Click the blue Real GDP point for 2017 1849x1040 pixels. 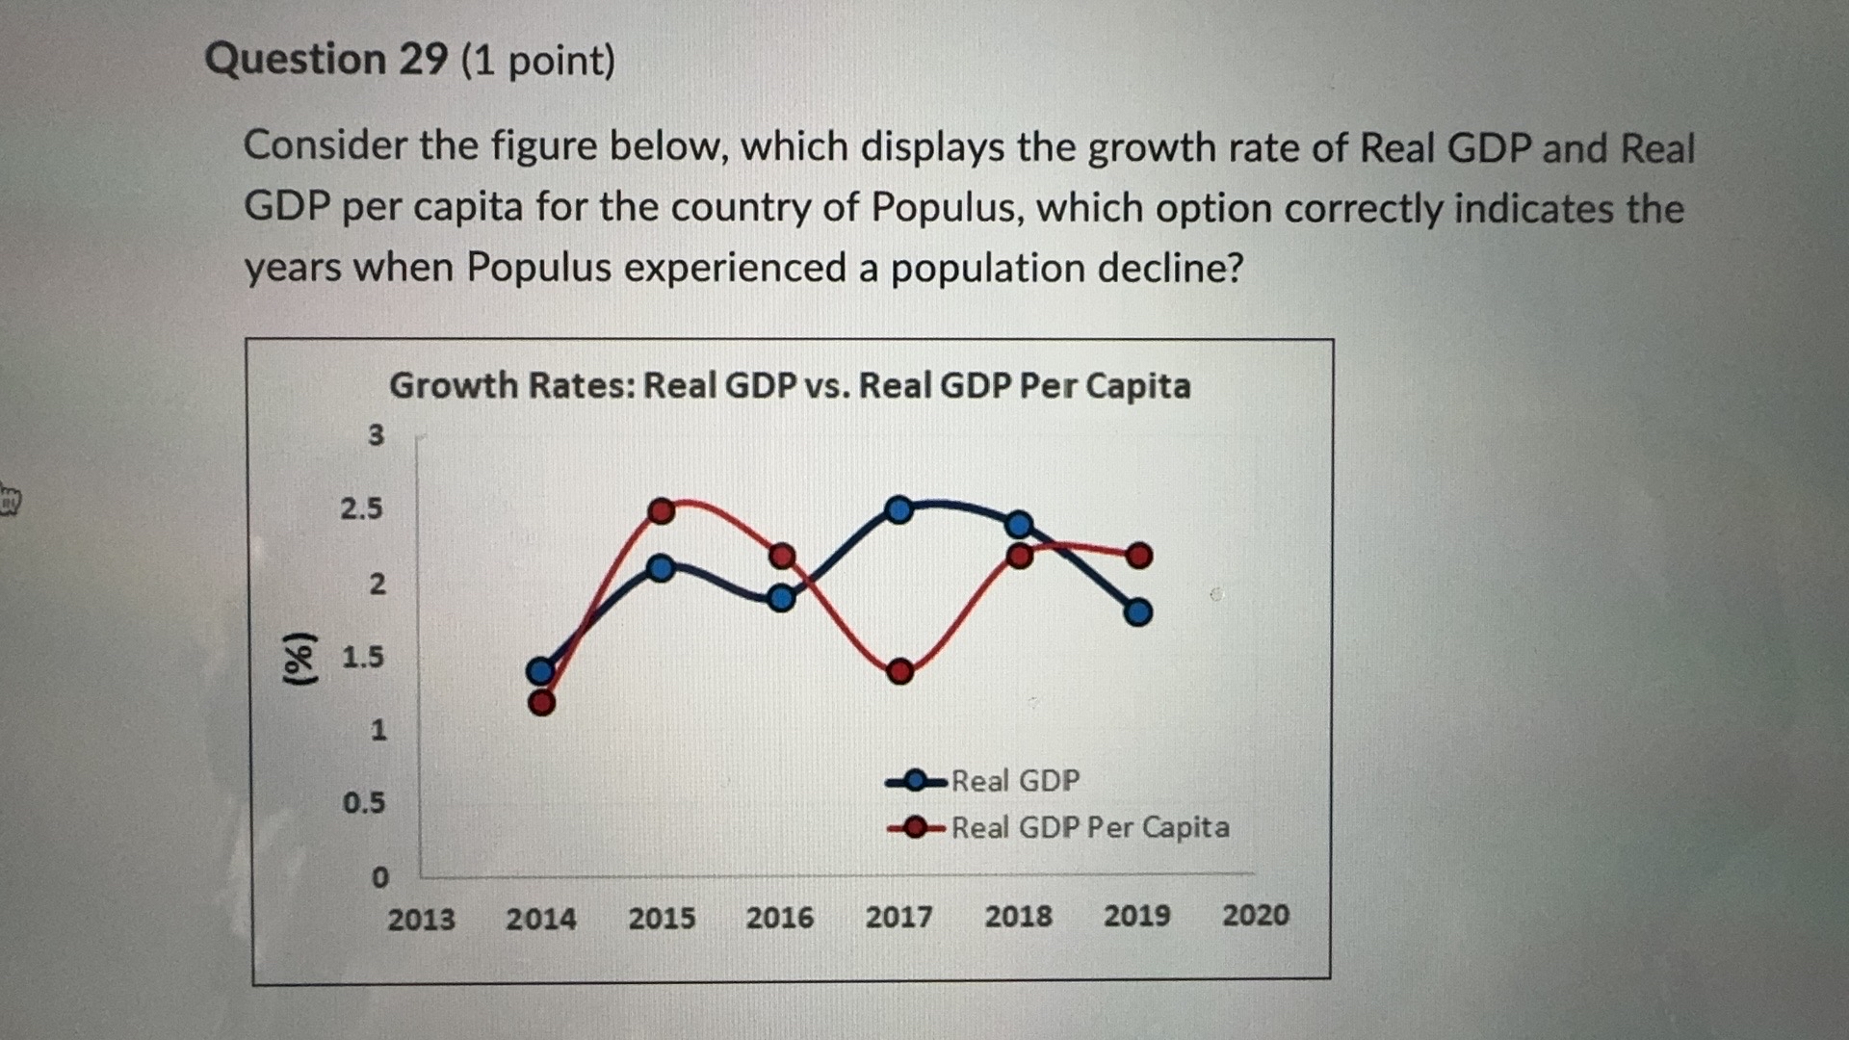(x=898, y=509)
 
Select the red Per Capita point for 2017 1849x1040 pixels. (x=899, y=671)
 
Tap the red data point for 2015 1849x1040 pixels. (x=662, y=510)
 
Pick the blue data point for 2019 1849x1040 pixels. (x=1138, y=611)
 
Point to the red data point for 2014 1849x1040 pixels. (x=542, y=703)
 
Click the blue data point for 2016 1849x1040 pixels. (x=781, y=598)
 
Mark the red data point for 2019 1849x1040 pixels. (x=1139, y=556)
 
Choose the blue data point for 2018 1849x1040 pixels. (x=1019, y=525)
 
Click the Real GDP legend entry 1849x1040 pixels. (x=1015, y=780)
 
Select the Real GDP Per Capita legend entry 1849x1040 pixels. (x=1089, y=827)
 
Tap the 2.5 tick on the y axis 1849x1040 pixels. (x=361, y=508)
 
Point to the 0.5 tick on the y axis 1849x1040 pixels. (x=364, y=803)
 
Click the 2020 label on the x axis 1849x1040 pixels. (x=1256, y=915)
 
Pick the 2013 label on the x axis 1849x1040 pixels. (x=421, y=920)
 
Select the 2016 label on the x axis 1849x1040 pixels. (x=779, y=918)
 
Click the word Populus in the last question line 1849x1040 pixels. (x=538, y=268)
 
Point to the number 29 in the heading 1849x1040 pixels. (x=424, y=60)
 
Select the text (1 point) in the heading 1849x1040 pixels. (x=538, y=62)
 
